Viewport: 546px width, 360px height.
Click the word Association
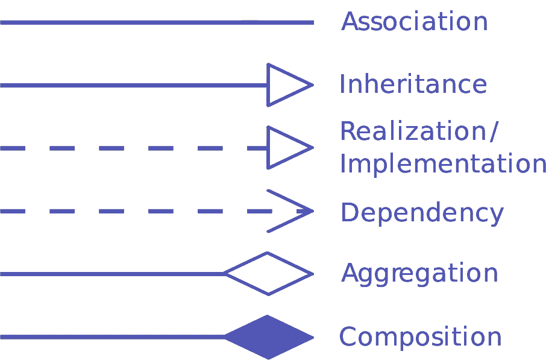click(x=414, y=22)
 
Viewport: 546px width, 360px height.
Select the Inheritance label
click(x=413, y=84)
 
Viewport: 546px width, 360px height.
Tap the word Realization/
click(x=419, y=131)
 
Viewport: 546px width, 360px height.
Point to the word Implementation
click(x=443, y=164)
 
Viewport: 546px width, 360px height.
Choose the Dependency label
click(x=422, y=213)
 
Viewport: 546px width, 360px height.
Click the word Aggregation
click(x=419, y=274)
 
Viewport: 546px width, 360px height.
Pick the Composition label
click(x=420, y=336)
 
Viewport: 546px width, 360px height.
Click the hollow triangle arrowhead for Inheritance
click(x=286, y=85)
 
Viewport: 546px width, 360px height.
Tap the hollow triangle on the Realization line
click(x=286, y=148)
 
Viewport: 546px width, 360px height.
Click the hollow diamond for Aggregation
click(x=268, y=274)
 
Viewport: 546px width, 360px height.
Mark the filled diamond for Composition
click(x=268, y=336)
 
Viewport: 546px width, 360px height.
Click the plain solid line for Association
click(x=157, y=22)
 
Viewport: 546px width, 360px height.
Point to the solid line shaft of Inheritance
click(x=133, y=85)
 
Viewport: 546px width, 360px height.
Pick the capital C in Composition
click(x=348, y=336)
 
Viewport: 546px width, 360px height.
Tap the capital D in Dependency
click(x=350, y=213)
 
